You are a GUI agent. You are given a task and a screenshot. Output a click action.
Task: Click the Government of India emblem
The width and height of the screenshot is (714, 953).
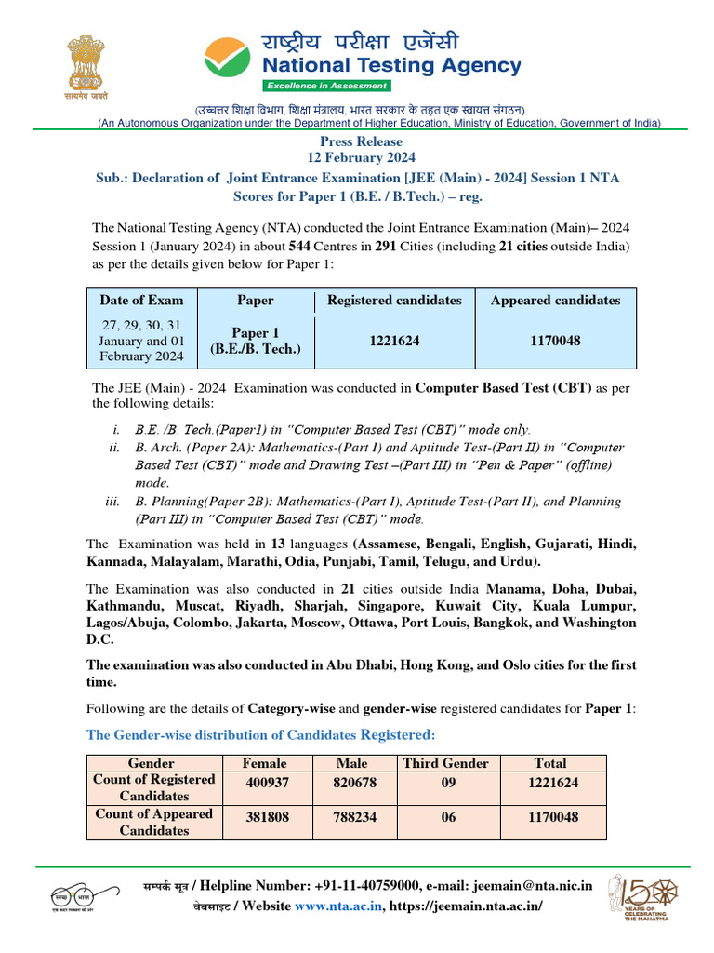pyautogui.click(x=86, y=67)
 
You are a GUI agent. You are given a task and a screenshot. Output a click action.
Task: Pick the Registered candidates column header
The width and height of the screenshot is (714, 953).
pyautogui.click(x=393, y=301)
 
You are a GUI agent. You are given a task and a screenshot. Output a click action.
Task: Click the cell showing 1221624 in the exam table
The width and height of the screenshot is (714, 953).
pyautogui.click(x=393, y=342)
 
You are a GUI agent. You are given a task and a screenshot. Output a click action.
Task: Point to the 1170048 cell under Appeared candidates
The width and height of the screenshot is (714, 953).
pyautogui.click(x=555, y=342)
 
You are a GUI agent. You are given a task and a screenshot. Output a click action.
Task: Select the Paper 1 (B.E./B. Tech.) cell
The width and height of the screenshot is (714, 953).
pyautogui.click(x=256, y=342)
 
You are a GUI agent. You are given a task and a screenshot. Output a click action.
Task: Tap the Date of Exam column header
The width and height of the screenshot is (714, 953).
pyautogui.click(x=142, y=301)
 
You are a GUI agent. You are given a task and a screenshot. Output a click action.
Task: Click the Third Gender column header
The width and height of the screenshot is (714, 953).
pyautogui.click(x=445, y=763)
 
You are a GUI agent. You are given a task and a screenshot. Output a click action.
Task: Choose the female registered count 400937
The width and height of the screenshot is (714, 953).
pyautogui.click(x=265, y=783)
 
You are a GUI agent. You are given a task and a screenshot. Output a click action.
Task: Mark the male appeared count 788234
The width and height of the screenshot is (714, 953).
pyautogui.click(x=355, y=818)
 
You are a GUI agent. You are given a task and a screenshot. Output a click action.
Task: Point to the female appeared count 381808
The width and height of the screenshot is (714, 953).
pyautogui.click(x=265, y=818)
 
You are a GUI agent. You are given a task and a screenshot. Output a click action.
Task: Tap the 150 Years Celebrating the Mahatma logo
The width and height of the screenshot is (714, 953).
pyautogui.click(x=643, y=898)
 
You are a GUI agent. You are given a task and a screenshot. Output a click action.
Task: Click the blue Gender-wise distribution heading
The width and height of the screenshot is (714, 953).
pyautogui.click(x=260, y=735)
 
